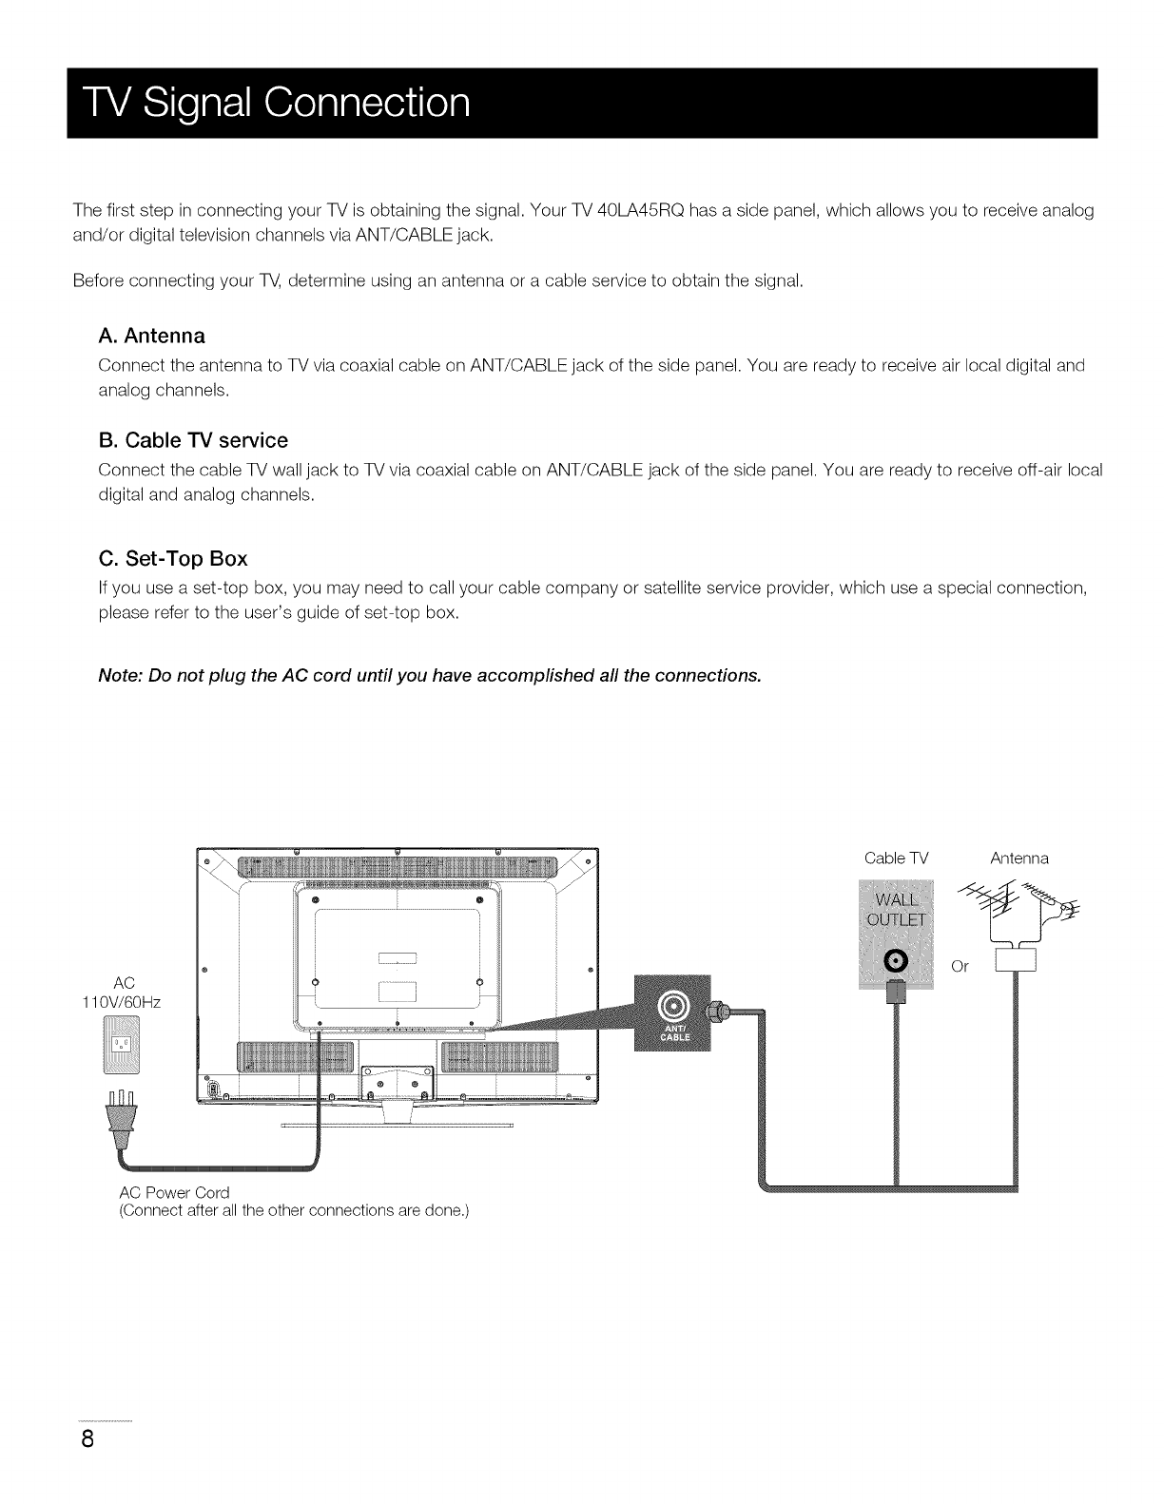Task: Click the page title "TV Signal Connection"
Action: point(270,103)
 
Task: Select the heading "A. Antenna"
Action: point(152,336)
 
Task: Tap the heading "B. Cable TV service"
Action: point(193,440)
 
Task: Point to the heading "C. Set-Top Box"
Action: point(173,557)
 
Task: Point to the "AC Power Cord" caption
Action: point(175,1192)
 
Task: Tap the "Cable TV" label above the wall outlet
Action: point(896,858)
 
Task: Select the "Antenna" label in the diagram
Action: point(1018,858)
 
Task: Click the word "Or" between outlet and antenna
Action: point(960,967)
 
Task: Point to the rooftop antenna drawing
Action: point(1010,909)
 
